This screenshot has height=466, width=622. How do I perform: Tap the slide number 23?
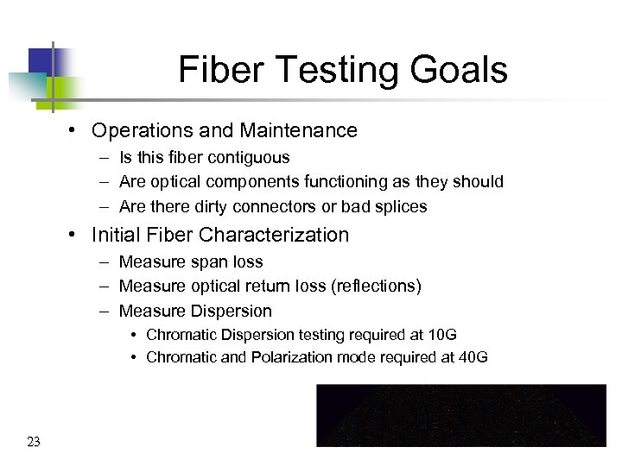click(x=34, y=443)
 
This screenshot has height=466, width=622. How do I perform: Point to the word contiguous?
click(x=247, y=158)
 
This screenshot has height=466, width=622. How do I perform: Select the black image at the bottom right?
click(x=461, y=415)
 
